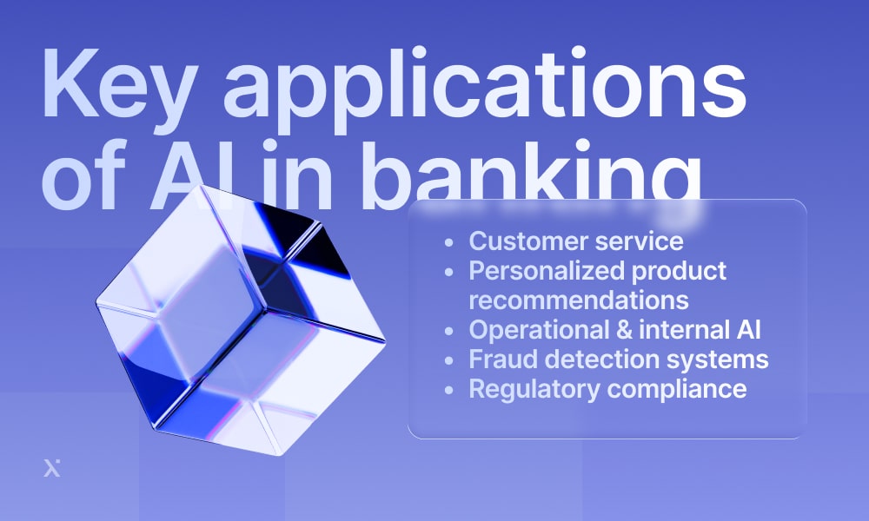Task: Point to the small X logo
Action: coord(52,468)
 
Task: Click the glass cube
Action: coord(240,320)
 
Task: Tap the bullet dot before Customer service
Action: coord(449,242)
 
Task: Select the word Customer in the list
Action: coord(528,241)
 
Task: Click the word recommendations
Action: coord(579,300)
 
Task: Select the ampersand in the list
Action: coord(624,330)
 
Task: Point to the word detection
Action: coord(602,359)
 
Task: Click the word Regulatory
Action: coord(534,389)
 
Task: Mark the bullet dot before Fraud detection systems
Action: coord(449,360)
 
